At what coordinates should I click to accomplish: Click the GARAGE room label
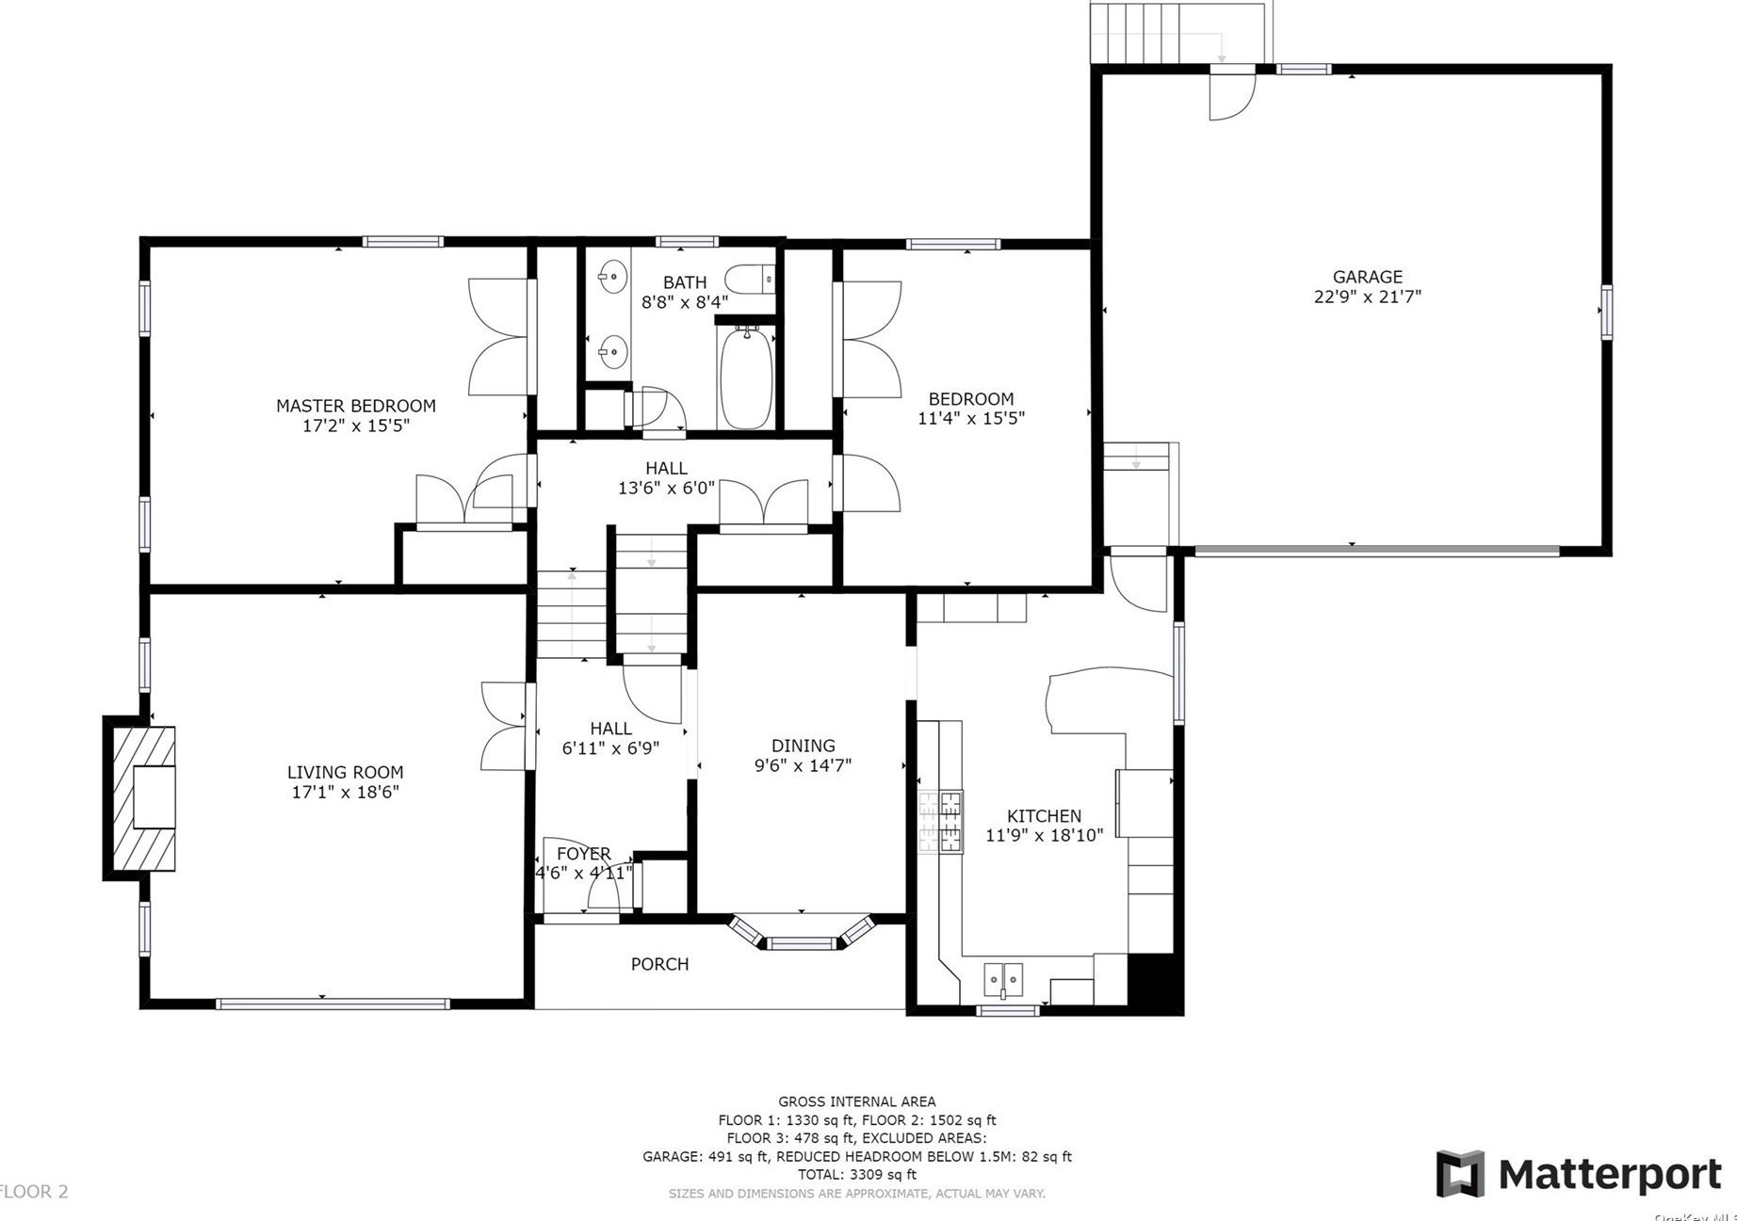[x=1367, y=277]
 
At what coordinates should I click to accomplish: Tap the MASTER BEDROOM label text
[x=355, y=406]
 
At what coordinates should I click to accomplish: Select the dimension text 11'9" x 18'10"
[x=1044, y=835]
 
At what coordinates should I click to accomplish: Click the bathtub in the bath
[x=746, y=377]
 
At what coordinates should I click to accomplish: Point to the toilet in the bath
[x=749, y=280]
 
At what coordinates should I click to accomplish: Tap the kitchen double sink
[x=1003, y=979]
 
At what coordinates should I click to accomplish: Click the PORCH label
[x=659, y=964]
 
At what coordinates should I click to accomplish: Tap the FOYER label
[x=583, y=854]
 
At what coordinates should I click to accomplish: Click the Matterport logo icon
[x=1459, y=1173]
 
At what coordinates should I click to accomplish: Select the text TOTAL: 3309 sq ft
[x=856, y=1174]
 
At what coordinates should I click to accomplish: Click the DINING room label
[x=803, y=746]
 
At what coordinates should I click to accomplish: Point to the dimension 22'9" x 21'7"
[x=1367, y=297]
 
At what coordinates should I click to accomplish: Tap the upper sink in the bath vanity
[x=612, y=277]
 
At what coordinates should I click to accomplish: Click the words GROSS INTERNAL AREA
[x=856, y=1101]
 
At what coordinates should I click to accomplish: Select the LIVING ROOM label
[x=345, y=772]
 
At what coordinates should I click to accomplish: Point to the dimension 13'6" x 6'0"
[x=666, y=488]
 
